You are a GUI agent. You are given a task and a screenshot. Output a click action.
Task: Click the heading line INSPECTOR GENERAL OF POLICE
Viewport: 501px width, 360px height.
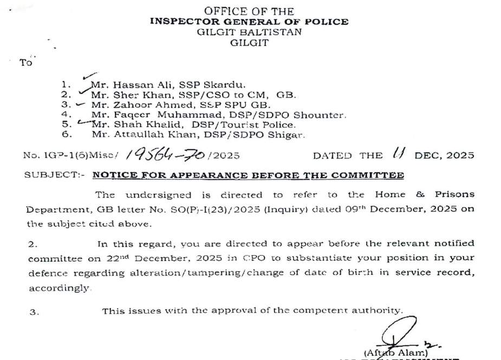click(x=249, y=22)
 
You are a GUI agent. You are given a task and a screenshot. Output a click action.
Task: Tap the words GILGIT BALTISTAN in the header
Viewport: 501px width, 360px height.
click(x=249, y=32)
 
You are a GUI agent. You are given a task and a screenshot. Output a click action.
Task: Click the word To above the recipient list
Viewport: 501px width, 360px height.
click(x=26, y=63)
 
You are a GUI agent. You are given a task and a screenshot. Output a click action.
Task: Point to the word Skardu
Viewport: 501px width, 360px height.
click(x=229, y=84)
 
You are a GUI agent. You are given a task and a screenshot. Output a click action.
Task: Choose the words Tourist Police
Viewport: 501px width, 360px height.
click(x=259, y=125)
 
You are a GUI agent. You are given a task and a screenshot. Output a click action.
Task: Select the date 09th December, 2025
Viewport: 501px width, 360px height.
click(x=393, y=208)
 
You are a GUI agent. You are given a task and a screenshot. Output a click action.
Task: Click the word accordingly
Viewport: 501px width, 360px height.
click(x=60, y=289)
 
